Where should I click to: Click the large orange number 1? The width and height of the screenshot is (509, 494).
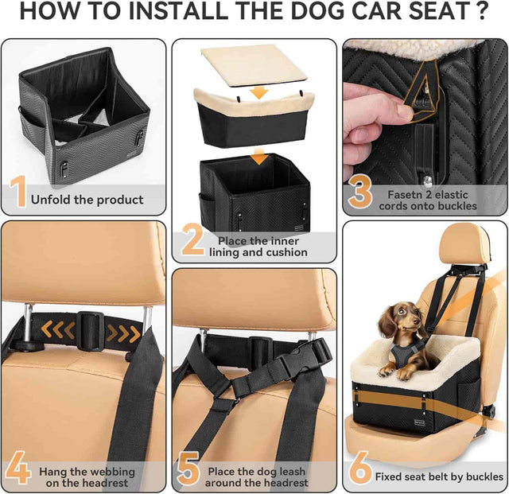(17, 193)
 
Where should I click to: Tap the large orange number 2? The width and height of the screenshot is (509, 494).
(192, 240)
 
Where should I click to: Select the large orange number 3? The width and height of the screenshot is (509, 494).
(360, 194)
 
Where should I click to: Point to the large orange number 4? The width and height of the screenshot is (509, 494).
(18, 469)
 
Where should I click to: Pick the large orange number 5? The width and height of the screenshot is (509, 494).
(188, 469)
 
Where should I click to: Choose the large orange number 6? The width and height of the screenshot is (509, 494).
(360, 469)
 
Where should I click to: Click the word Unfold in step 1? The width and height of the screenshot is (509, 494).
(51, 200)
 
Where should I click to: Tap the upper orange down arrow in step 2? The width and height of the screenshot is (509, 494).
(257, 94)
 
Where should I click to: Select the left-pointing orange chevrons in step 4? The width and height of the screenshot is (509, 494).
(53, 329)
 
